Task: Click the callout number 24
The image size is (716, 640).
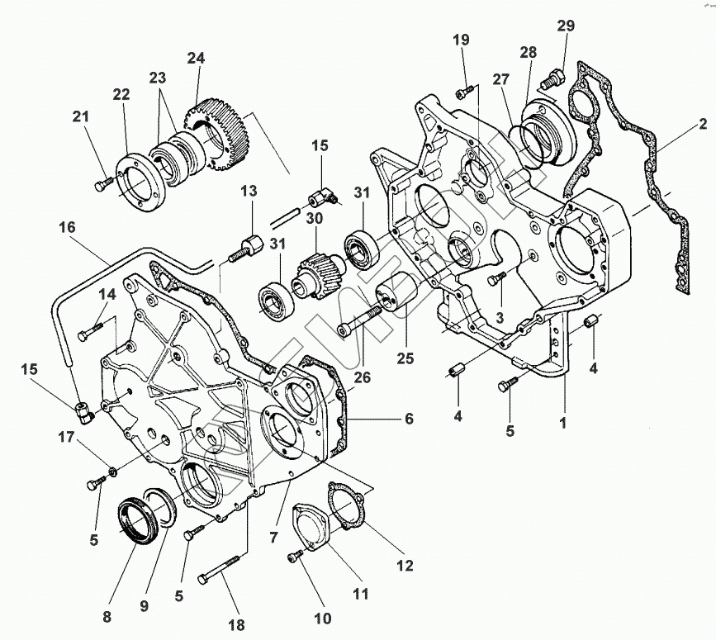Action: tap(196, 59)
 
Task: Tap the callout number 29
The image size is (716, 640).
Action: tap(565, 26)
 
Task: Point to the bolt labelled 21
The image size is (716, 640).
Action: tap(102, 184)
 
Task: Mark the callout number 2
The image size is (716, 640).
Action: tap(703, 126)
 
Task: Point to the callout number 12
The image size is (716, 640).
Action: tap(404, 567)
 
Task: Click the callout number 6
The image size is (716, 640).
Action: tap(408, 419)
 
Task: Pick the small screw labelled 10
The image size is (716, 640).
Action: tap(295, 559)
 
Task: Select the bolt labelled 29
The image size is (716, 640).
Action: tap(550, 80)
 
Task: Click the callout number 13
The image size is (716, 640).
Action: tap(249, 192)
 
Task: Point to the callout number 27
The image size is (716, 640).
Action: tap(501, 79)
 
